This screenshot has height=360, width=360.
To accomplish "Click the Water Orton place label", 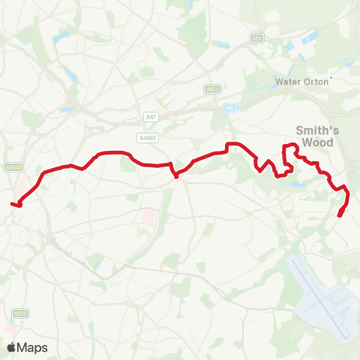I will pyautogui.click(x=302, y=81).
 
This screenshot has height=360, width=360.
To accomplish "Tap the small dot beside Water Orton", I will pyautogui.click(x=331, y=77).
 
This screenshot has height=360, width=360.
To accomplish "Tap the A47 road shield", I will pyautogui.click(x=150, y=116).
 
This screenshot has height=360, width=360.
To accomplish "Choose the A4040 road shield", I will pyautogui.click(x=147, y=137).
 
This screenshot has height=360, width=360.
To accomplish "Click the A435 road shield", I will pyautogui.click(x=19, y=313).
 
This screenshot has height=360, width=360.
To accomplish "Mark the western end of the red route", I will pyautogui.click(x=13, y=202).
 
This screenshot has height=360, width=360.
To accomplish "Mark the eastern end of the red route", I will pyautogui.click(x=340, y=216).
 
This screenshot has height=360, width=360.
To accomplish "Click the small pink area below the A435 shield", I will pyautogui.click(x=11, y=328).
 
